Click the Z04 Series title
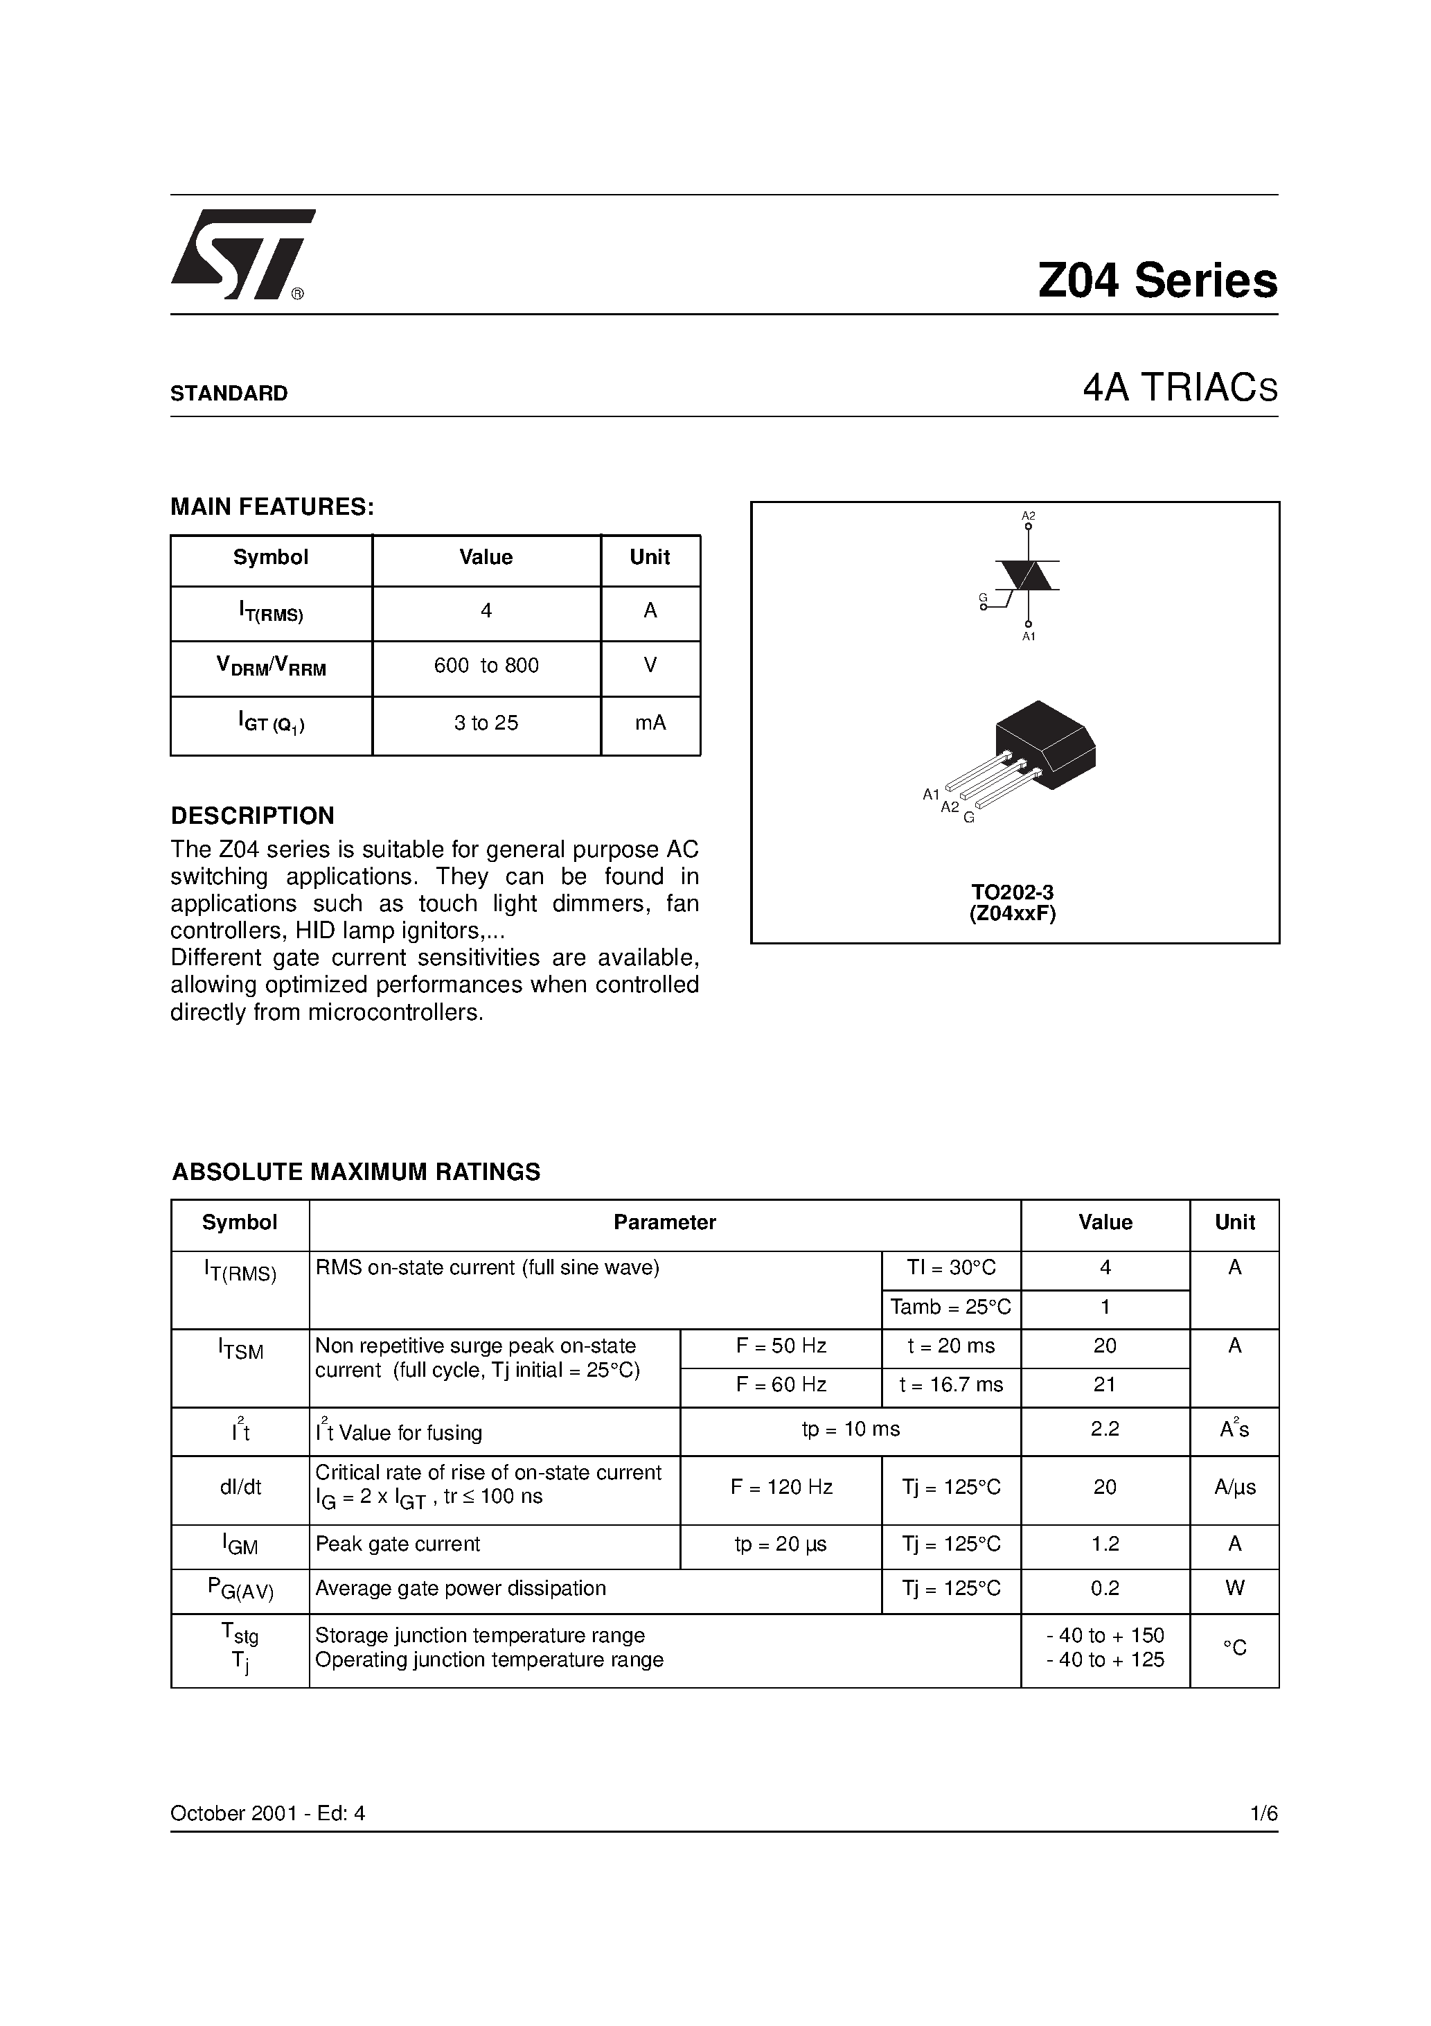click(x=1157, y=281)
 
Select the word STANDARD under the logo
click(x=229, y=394)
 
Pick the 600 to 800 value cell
click(x=486, y=667)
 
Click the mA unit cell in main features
click(x=650, y=723)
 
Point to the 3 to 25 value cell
click(x=486, y=723)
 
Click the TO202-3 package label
click(x=1013, y=892)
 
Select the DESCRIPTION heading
click(x=252, y=816)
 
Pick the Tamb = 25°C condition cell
click(x=950, y=1307)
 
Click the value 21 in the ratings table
click(x=1105, y=1384)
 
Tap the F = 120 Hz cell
click(x=781, y=1487)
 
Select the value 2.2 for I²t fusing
click(x=1105, y=1429)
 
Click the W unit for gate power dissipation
click(x=1234, y=1588)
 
